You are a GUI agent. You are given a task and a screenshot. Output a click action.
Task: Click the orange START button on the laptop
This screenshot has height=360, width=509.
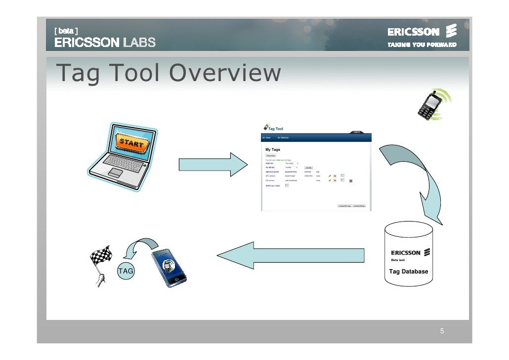pos(131,143)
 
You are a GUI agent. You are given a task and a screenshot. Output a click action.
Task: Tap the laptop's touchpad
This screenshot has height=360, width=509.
pos(116,173)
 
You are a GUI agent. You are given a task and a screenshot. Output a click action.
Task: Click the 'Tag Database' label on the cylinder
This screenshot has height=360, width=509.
pos(409,271)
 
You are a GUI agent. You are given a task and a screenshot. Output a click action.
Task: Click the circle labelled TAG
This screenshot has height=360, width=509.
pos(126,271)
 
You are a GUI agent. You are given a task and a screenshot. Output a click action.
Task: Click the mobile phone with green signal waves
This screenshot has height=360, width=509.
pos(431,105)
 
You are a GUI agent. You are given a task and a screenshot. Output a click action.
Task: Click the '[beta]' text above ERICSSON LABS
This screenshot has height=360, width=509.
pos(66,30)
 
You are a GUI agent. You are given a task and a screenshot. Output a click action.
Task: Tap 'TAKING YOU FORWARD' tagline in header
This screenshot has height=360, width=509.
pos(422,45)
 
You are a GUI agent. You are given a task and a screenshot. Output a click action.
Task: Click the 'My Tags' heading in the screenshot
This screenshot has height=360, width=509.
pos(273,149)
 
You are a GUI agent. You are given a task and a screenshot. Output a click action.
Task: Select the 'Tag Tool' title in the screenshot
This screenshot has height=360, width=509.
pos(275,129)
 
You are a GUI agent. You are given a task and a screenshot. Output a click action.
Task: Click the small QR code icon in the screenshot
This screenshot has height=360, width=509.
pos(351,181)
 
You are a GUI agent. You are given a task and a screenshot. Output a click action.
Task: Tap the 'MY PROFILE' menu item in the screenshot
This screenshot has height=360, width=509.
pos(283,137)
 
